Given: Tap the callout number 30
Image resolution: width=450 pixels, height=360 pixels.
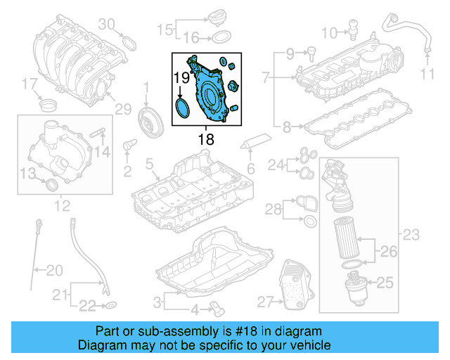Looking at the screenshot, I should (105, 25).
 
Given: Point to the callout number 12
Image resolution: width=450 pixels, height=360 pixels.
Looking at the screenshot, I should (62, 205).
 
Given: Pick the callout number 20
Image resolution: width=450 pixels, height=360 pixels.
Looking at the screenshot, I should (54, 269).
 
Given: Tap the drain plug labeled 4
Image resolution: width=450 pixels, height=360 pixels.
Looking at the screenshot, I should (214, 307).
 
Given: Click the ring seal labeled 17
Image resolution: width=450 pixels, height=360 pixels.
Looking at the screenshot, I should (49, 106).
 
